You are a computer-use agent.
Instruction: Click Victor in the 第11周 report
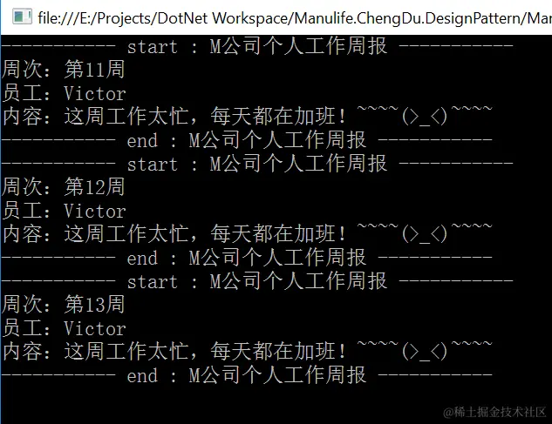(x=95, y=93)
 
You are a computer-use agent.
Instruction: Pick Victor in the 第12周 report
(x=95, y=211)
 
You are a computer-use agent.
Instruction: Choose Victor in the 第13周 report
(x=95, y=328)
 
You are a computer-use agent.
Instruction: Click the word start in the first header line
(x=153, y=47)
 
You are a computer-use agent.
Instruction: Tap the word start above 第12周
(x=153, y=164)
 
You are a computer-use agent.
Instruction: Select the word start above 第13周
(x=153, y=281)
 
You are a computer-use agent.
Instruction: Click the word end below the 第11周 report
(x=142, y=140)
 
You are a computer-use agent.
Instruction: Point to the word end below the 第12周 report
(x=142, y=258)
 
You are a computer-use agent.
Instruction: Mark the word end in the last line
(x=142, y=375)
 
